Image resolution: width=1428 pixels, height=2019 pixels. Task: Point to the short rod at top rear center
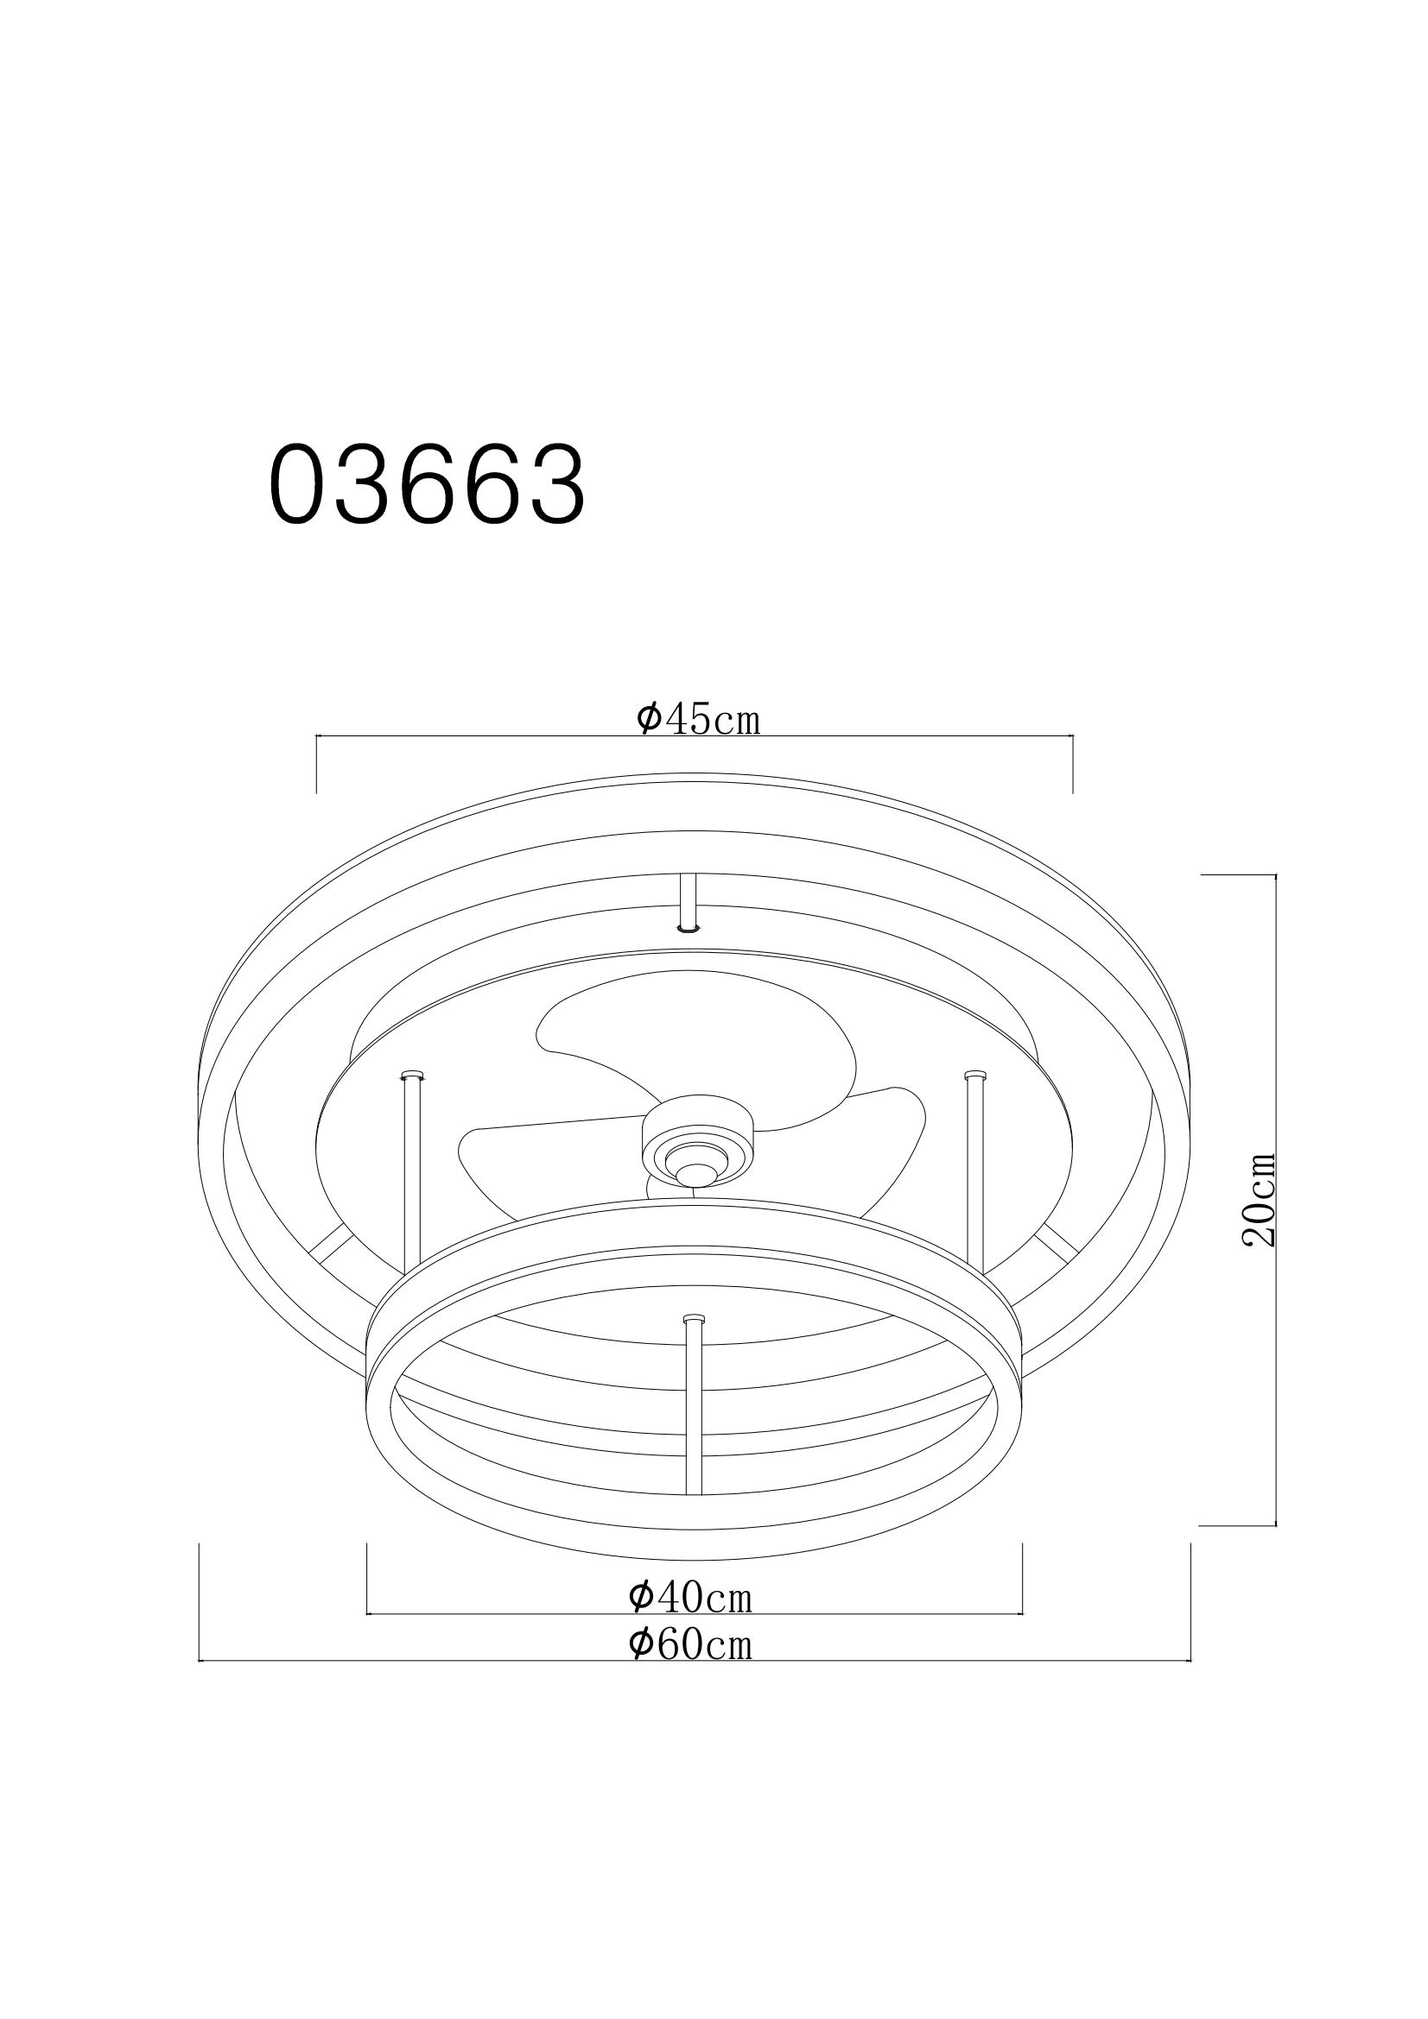[x=688, y=902]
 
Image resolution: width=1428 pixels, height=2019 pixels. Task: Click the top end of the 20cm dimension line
[x=1275, y=876]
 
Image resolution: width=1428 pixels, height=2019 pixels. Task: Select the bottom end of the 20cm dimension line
[x=1275, y=1524]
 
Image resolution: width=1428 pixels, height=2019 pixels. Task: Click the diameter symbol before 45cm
[x=649, y=718]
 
